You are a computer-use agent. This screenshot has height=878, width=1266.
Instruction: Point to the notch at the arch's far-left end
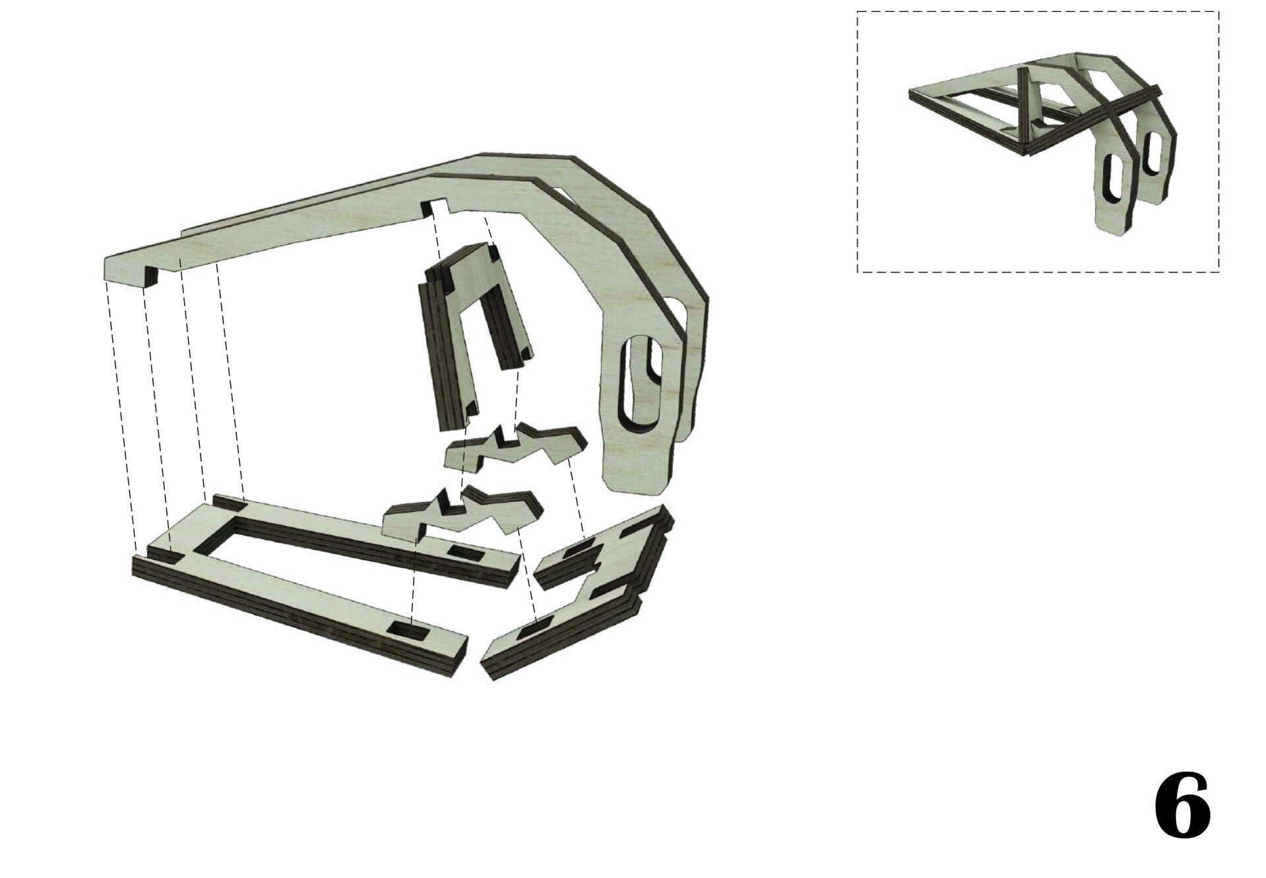click(151, 276)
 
